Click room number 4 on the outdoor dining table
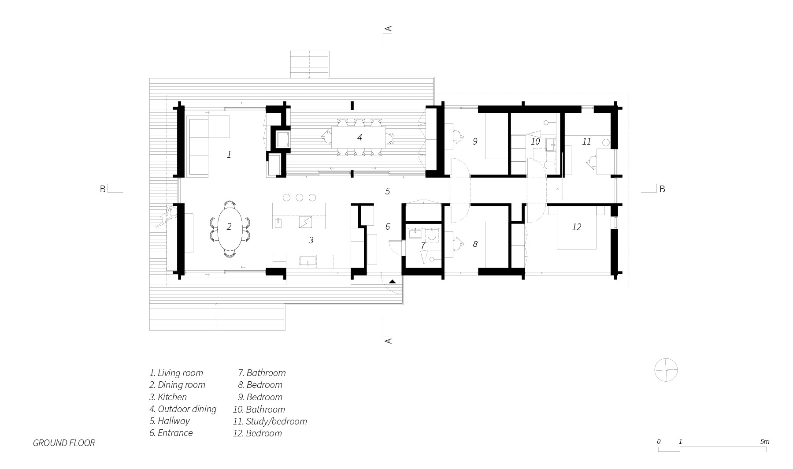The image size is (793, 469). [x=359, y=138]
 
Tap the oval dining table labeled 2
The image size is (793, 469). [x=229, y=229]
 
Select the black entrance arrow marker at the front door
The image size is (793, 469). [x=393, y=281]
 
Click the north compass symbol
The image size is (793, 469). [x=666, y=369]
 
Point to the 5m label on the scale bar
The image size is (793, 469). [x=764, y=441]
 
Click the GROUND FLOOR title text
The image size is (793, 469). [x=64, y=443]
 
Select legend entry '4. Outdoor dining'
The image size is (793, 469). [x=183, y=409]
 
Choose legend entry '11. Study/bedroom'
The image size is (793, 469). [x=270, y=421]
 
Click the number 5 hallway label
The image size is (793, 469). [x=387, y=191]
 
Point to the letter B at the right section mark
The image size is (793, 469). [x=662, y=189]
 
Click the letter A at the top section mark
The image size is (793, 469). [x=389, y=29]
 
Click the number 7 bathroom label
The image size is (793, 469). [x=423, y=246]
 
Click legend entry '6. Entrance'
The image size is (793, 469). [x=171, y=433]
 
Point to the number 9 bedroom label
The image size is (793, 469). [x=475, y=141]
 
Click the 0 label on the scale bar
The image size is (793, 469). [x=659, y=441]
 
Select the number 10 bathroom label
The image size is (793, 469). [x=535, y=141]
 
